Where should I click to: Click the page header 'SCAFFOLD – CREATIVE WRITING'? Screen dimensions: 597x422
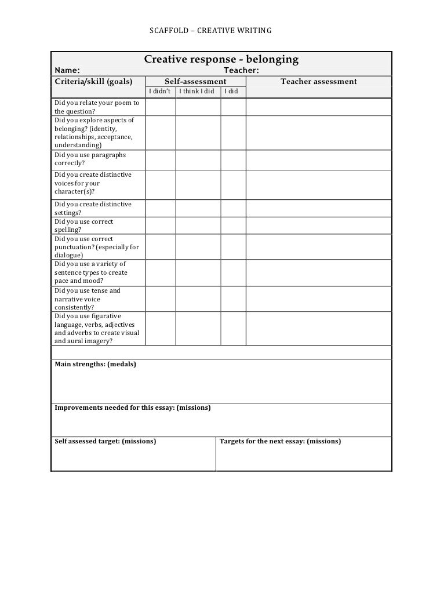210,30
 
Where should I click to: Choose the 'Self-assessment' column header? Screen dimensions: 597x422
195,82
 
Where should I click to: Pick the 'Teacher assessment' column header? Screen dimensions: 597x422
319,82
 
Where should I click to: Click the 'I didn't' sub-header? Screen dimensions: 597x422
160,92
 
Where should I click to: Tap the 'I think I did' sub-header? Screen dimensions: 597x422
197,92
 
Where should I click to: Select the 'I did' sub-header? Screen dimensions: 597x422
232,92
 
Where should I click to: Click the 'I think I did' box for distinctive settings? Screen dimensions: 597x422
198,208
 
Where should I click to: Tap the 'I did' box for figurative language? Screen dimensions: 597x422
233,329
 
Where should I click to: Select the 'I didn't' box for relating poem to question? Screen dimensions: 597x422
160,107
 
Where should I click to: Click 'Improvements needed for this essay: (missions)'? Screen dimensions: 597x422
132,407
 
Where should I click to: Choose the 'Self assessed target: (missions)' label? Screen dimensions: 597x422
105,441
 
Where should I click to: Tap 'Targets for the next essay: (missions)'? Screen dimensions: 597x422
280,441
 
